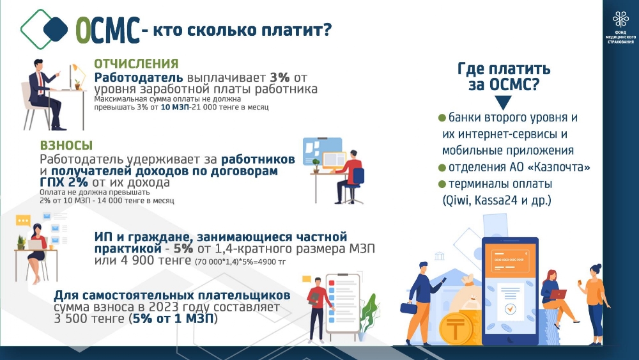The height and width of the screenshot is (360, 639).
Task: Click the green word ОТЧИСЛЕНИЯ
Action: (x=136, y=63)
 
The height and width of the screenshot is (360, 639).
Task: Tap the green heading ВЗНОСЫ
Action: (x=66, y=146)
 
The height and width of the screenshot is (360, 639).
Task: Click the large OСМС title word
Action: (x=108, y=30)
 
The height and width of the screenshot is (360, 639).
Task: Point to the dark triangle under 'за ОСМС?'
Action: (x=503, y=102)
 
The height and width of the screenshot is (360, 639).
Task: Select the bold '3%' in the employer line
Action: (x=280, y=77)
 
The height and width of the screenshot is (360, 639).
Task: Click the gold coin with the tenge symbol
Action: (x=456, y=328)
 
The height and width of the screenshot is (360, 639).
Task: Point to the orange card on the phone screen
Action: (x=510, y=258)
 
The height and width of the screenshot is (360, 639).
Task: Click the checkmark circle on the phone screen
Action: (x=510, y=309)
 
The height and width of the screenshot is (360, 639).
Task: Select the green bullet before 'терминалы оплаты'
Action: (x=442, y=184)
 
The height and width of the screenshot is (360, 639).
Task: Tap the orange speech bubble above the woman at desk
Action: (x=23, y=221)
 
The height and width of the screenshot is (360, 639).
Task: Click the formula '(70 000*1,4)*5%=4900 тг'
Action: (x=240, y=262)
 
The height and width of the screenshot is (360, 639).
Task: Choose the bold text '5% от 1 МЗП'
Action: (x=173, y=318)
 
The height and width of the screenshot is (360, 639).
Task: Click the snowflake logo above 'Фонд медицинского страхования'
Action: (x=620, y=20)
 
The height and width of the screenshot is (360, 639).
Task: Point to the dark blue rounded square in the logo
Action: (x=56, y=29)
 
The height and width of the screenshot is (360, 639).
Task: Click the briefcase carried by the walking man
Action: (x=408, y=308)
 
